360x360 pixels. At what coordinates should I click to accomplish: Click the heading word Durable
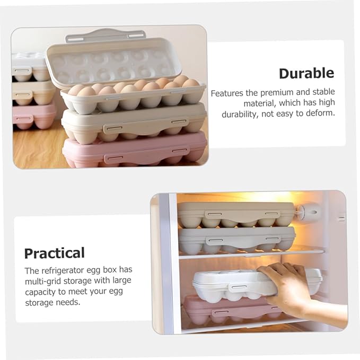pyautogui.click(x=306, y=73)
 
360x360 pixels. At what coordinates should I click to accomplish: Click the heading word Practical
pyautogui.click(x=54, y=253)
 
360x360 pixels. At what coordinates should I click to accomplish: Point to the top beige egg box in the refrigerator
pyautogui.click(x=235, y=213)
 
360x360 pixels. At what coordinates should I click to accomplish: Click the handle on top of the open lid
pyautogui.click(x=106, y=35)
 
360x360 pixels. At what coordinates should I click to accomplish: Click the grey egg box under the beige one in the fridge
pyautogui.click(x=236, y=239)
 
